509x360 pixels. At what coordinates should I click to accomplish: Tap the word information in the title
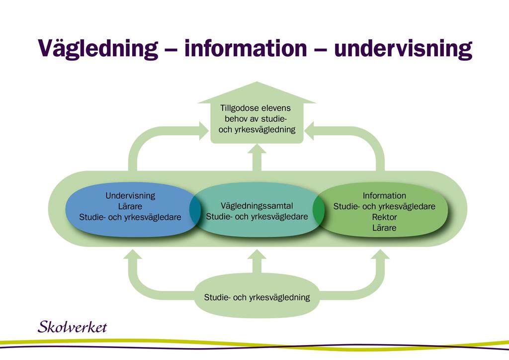point(246,48)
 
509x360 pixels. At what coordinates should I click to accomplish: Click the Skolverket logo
point(72,327)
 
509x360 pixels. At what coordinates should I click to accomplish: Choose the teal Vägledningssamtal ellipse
point(257,209)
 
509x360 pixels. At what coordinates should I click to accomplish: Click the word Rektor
point(384,217)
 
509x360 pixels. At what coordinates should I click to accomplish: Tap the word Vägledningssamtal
point(257,206)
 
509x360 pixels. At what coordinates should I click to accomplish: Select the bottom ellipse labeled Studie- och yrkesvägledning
point(257,296)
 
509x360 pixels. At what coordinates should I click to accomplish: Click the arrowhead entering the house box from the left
point(203,131)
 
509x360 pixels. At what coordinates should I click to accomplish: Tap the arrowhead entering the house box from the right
point(309,131)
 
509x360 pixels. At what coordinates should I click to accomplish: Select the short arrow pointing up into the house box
point(257,158)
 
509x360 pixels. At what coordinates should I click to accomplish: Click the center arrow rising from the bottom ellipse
point(257,262)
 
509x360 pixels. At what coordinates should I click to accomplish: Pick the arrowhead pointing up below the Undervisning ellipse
point(132,254)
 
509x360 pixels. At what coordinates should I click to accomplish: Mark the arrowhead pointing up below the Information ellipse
point(380,254)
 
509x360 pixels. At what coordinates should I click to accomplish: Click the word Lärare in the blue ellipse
point(130,206)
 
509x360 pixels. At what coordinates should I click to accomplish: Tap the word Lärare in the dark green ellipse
point(384,228)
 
